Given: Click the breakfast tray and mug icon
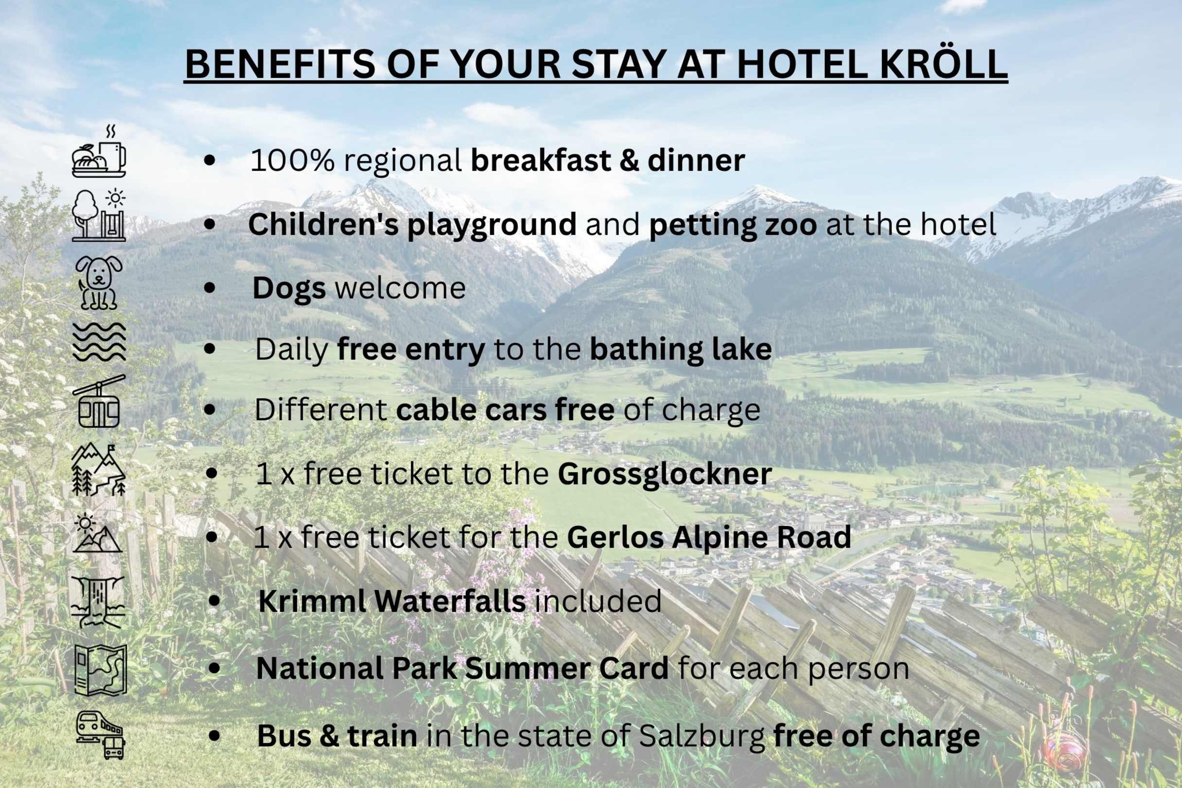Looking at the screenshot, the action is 99,152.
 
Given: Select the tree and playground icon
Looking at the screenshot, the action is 99,215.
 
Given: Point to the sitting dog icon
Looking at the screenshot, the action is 100,283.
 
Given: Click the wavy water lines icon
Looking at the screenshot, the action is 99,342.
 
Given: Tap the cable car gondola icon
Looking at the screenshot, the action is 99,401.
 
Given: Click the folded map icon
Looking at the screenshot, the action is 101,670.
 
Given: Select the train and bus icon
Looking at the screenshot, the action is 101,734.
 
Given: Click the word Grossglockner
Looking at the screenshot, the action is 665,474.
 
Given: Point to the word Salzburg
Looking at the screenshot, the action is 702,736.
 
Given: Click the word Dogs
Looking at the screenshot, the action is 289,289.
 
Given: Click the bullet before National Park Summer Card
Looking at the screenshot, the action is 214,668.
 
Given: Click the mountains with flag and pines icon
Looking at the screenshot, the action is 98,469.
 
